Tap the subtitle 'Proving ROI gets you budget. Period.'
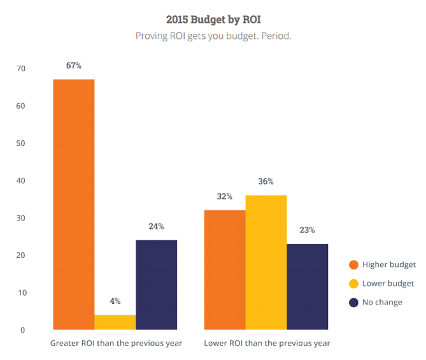[x=213, y=36]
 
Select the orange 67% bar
[x=73, y=204]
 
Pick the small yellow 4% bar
[x=115, y=322]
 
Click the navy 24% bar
[x=156, y=285]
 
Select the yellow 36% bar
[x=266, y=263]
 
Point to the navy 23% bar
[x=307, y=287]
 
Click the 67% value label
[x=73, y=66]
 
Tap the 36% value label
[x=266, y=182]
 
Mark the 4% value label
[x=115, y=301]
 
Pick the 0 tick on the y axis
[x=22, y=330]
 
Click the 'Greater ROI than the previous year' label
[x=116, y=343]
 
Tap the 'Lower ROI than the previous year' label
[x=267, y=343]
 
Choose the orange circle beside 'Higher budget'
[x=353, y=264]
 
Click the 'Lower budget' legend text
[x=388, y=283]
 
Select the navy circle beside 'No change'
[x=353, y=302]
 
